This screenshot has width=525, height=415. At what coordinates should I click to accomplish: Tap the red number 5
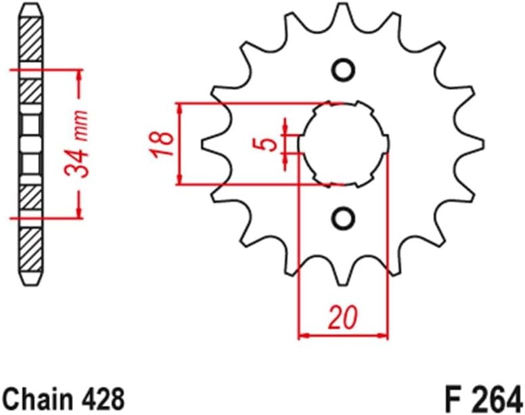tap(269, 144)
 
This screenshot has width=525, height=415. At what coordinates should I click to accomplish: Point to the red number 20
tap(343, 317)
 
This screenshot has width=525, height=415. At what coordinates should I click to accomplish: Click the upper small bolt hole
tap(344, 70)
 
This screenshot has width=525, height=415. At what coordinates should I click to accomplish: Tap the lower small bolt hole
tap(344, 217)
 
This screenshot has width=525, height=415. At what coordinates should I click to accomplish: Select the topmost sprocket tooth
tap(343, 9)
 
